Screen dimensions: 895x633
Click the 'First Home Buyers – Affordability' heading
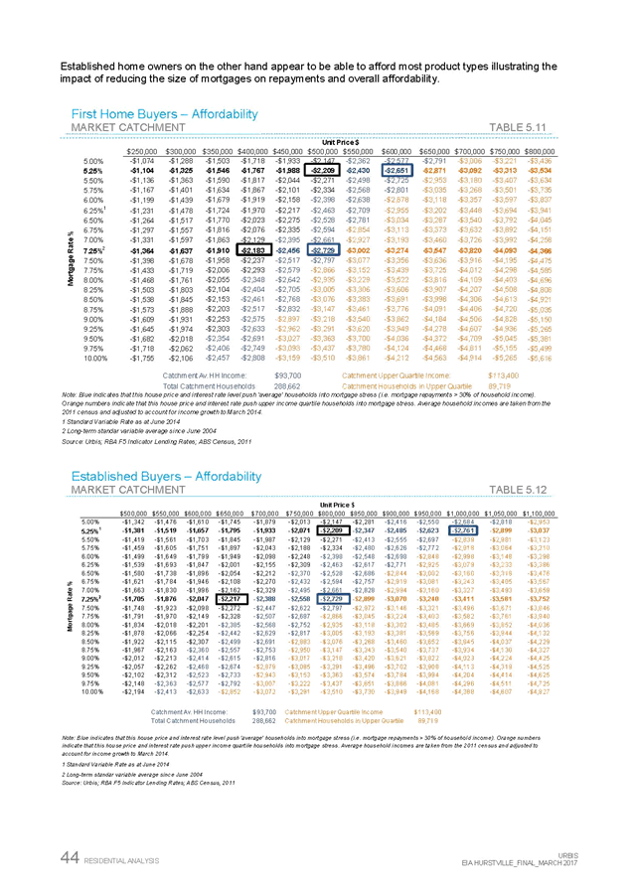pyautogui.click(x=165, y=115)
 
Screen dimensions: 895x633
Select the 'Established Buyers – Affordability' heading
pyautogui.click(x=166, y=477)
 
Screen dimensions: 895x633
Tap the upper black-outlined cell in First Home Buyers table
pyautogui.click(x=325, y=170)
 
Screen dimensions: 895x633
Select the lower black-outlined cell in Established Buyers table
pyautogui.click(x=232, y=599)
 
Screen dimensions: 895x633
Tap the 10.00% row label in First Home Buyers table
pyautogui.click(x=95, y=358)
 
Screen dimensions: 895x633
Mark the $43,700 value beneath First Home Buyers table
pyautogui.click(x=287, y=375)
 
